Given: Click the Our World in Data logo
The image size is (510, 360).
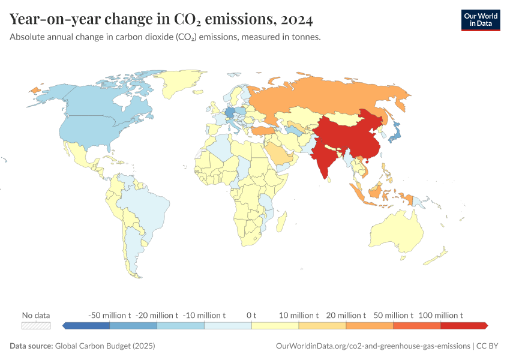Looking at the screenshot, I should point(480,20).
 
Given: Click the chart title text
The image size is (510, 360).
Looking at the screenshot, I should point(161,20).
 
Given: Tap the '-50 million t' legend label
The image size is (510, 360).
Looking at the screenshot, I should point(109,315).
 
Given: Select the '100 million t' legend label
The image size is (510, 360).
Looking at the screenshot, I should point(441,315).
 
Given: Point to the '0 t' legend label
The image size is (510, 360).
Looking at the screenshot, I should point(251,315).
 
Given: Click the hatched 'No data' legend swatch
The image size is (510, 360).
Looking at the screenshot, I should point(36,325).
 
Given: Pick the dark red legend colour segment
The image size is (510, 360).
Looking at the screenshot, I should point(464,325).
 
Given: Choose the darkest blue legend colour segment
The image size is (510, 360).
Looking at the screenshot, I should point(86,325).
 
